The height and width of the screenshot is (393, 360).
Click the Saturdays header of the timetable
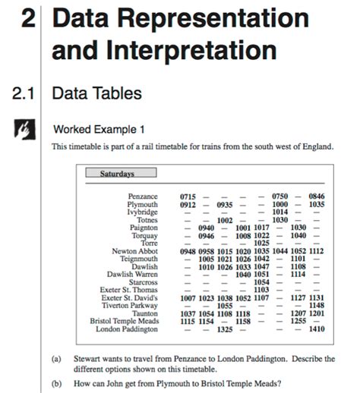pos(117,174)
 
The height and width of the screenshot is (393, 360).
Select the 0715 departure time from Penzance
pos(188,196)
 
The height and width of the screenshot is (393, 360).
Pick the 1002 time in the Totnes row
pos(225,220)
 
